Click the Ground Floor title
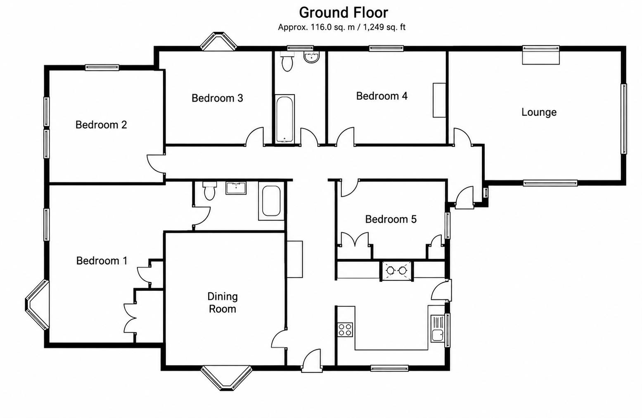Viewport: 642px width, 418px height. (x=344, y=13)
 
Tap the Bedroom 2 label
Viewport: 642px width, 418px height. (x=101, y=124)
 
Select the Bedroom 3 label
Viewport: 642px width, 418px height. (x=217, y=98)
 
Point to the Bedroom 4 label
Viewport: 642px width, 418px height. (x=382, y=96)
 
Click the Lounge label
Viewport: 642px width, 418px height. (x=539, y=112)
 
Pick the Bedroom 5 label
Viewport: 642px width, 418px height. (x=391, y=219)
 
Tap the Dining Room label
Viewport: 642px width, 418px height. (x=223, y=303)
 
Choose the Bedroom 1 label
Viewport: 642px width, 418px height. (x=102, y=260)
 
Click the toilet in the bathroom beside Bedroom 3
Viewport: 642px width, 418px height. (x=287, y=62)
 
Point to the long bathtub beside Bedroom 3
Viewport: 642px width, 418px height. (x=284, y=119)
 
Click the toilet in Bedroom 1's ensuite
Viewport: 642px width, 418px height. (x=209, y=190)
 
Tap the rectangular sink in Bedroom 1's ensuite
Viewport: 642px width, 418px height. (x=236, y=188)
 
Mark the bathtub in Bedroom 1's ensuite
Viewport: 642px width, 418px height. (x=271, y=201)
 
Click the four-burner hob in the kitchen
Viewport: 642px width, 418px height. (x=345, y=330)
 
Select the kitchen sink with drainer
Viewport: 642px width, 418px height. (x=437, y=328)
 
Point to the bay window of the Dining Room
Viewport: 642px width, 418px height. (x=226, y=377)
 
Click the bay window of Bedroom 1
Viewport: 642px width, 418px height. (x=37, y=305)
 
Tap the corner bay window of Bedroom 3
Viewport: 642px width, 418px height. (x=219, y=41)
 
